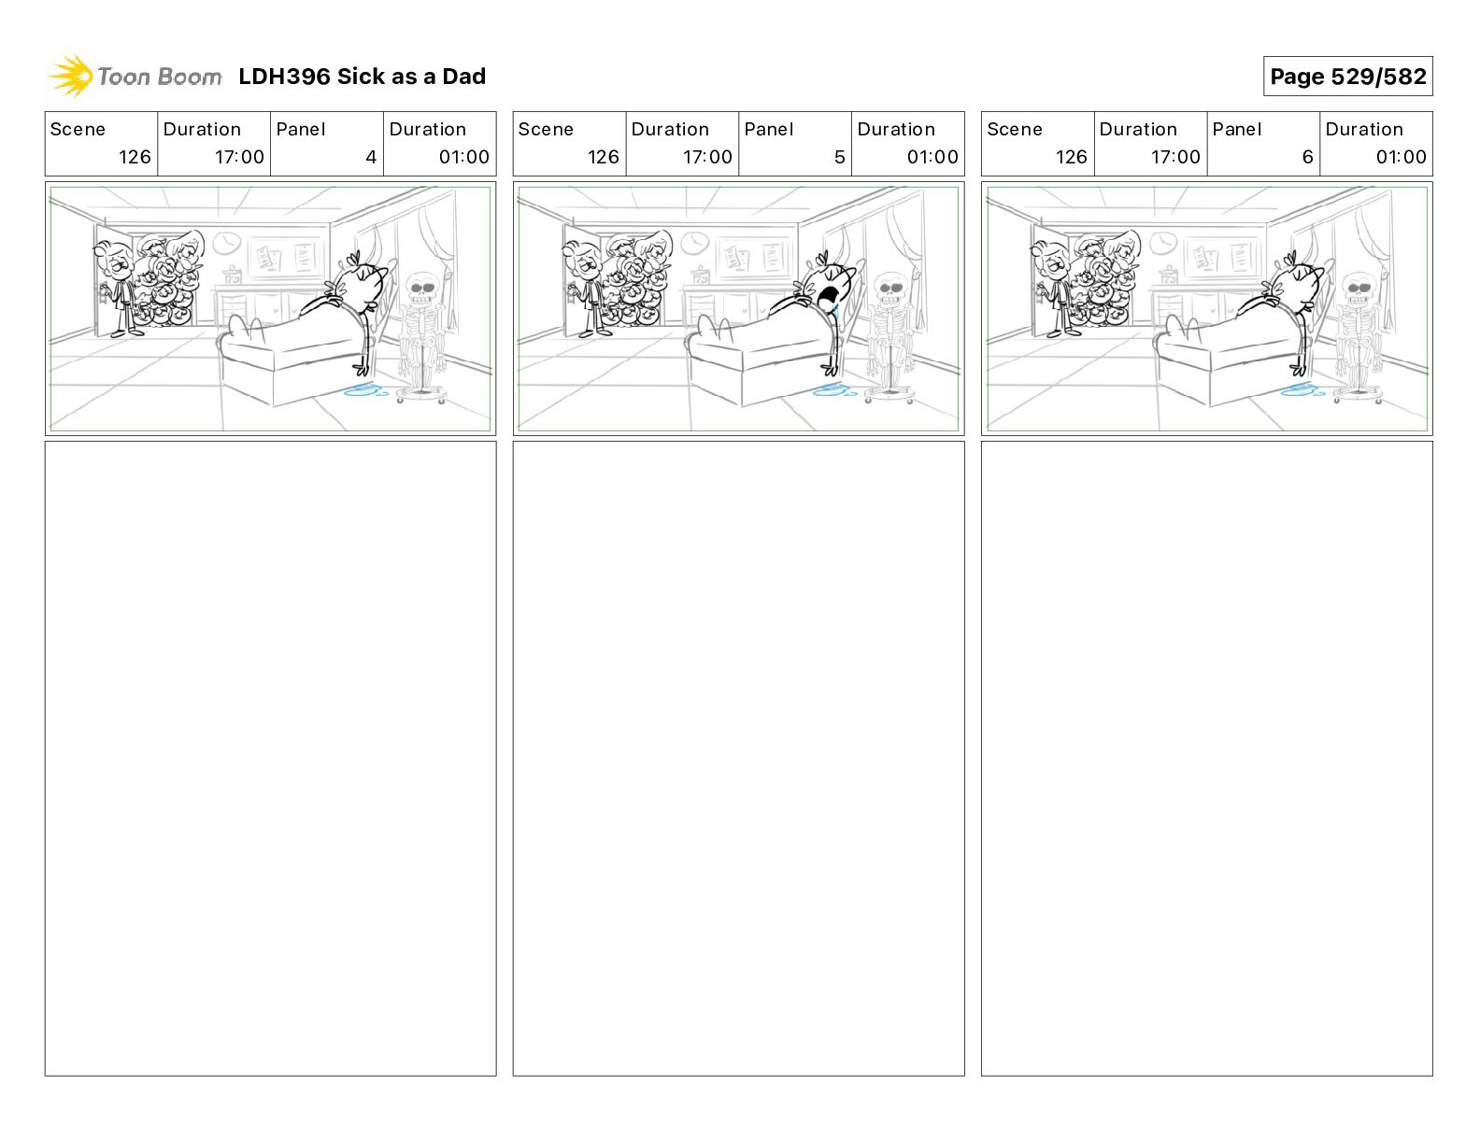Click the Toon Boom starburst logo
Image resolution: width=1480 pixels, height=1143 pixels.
[x=71, y=77]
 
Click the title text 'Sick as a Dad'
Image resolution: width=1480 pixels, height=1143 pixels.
[x=411, y=77]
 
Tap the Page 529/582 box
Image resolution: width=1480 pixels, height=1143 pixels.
[x=1347, y=77]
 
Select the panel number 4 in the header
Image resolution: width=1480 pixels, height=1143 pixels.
[x=371, y=157]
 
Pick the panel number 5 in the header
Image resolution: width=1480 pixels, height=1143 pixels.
[x=839, y=157]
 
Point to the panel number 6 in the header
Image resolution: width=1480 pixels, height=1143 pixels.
[x=1307, y=157]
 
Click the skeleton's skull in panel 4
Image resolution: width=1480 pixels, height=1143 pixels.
[x=420, y=289]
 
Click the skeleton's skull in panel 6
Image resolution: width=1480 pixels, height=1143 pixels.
[x=1358, y=289]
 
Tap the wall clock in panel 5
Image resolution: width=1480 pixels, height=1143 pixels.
[x=694, y=243]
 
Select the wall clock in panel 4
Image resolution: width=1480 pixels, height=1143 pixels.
[x=226, y=243]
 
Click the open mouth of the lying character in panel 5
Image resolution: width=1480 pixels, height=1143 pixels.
[x=829, y=298]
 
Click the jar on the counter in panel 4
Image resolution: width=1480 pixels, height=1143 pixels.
[x=232, y=275]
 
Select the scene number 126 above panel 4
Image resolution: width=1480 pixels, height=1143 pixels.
[x=135, y=157]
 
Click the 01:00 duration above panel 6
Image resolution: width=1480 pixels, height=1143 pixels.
[x=1401, y=157]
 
